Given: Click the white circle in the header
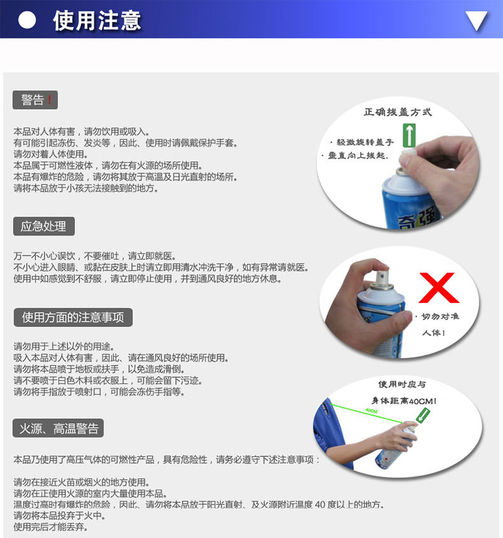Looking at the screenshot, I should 27,20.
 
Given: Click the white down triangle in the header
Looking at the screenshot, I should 476,21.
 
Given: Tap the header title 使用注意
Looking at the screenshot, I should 97,20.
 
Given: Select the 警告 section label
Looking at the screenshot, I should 32,100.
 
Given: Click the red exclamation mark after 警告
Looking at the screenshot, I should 50,100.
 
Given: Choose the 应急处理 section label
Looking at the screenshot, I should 44,226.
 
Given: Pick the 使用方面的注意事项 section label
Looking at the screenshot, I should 73,317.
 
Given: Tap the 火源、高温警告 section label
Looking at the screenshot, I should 58,428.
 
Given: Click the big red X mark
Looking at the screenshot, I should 438,288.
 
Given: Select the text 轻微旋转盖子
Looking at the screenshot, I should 365,143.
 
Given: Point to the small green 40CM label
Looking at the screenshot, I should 371,411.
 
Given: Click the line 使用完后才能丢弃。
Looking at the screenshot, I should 51,527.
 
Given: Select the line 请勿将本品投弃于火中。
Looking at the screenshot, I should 59,516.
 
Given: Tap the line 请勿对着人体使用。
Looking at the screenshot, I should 51,154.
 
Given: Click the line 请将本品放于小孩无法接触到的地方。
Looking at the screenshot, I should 86,188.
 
